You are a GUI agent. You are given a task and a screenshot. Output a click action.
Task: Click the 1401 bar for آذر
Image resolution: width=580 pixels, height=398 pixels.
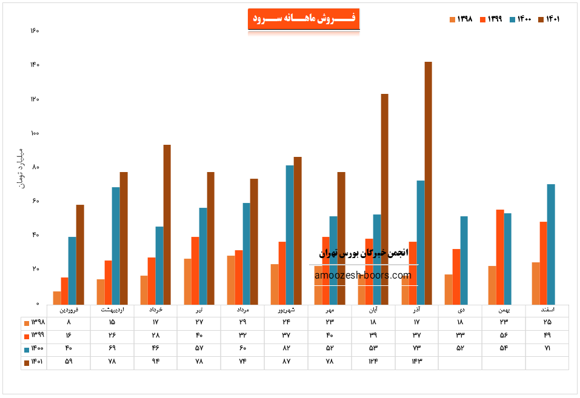tap(428, 182)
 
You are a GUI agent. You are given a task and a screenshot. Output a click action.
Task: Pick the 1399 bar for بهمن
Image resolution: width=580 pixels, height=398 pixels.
tap(499, 257)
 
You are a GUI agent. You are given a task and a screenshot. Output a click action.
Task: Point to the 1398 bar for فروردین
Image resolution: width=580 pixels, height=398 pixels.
tap(57, 297)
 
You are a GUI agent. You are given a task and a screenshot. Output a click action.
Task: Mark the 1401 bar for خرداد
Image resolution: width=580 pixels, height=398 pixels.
tap(167, 224)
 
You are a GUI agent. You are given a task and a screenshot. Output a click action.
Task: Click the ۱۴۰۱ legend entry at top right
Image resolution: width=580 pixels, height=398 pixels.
tap(552, 19)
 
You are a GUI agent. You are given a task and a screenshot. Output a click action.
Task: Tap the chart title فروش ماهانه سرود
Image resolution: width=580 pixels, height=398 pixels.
tap(304, 19)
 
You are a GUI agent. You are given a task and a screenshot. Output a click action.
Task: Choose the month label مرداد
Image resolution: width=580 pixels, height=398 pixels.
tap(242, 310)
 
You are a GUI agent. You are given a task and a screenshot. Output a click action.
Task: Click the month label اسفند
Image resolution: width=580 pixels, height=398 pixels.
tap(547, 310)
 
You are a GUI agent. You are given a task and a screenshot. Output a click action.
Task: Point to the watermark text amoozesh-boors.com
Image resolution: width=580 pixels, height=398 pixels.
tap(363, 276)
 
